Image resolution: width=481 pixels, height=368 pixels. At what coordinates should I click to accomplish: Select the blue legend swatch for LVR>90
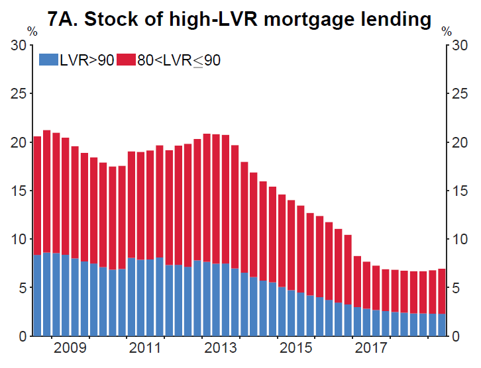click(x=48, y=60)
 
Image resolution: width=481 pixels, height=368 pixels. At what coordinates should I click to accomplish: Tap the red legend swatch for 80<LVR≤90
click(x=125, y=60)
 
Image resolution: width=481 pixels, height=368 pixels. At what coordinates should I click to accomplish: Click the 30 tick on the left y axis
click(x=20, y=46)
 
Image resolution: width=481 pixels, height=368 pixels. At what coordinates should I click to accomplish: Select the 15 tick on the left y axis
click(x=20, y=191)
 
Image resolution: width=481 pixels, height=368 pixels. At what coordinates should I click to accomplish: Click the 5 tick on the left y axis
click(x=23, y=288)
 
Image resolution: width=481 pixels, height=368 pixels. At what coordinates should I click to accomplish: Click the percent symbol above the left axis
click(x=32, y=32)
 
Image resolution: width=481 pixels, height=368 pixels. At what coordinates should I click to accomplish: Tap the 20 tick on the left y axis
click(x=20, y=142)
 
